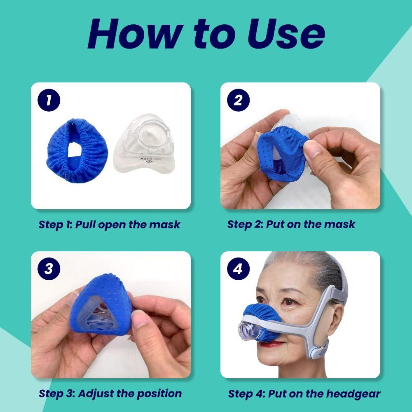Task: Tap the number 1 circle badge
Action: pyautogui.click(x=49, y=101)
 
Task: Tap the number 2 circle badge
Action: pyautogui.click(x=238, y=101)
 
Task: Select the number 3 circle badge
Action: pyautogui.click(x=49, y=269)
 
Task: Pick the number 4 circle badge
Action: pyautogui.click(x=238, y=269)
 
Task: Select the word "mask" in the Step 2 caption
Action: pyautogui.click(x=339, y=225)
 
